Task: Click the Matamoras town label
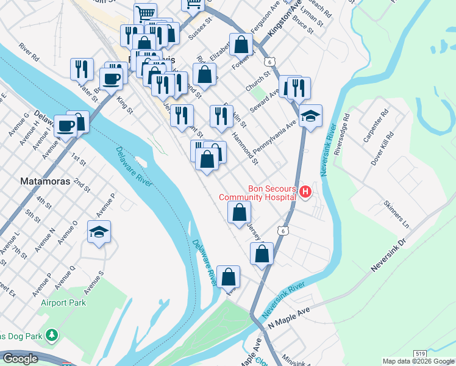46,181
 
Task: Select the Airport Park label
63,303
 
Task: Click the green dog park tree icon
52,335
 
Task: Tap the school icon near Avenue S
99,232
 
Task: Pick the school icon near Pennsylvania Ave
310,116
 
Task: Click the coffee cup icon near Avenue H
66,126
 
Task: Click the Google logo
20,359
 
